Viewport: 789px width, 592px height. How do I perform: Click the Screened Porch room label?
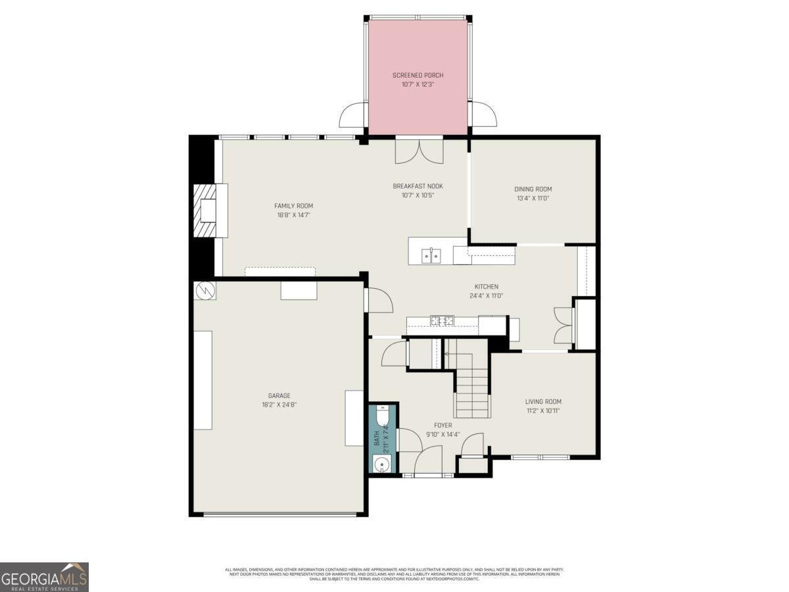point(418,75)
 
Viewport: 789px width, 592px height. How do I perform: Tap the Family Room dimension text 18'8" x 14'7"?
point(293,215)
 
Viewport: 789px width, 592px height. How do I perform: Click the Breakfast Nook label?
point(418,186)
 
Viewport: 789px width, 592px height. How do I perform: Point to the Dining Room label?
point(533,189)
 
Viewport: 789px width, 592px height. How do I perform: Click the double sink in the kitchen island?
point(431,255)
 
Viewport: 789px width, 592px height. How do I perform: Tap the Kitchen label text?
point(487,287)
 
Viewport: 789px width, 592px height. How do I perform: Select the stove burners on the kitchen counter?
point(442,321)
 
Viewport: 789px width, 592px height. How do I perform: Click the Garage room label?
point(279,395)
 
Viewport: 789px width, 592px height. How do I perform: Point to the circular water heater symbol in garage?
point(205,290)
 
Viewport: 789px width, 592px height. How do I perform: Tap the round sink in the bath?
point(381,465)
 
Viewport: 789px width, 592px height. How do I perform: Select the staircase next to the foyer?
point(472,391)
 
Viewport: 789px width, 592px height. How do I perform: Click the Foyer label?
point(442,426)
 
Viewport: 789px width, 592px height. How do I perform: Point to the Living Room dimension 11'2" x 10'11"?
point(542,410)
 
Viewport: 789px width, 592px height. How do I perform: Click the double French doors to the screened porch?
point(419,151)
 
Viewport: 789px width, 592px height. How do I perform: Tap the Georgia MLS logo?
point(44,577)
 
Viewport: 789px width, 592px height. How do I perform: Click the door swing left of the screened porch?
point(354,116)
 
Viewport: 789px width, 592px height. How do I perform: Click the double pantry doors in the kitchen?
point(562,326)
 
